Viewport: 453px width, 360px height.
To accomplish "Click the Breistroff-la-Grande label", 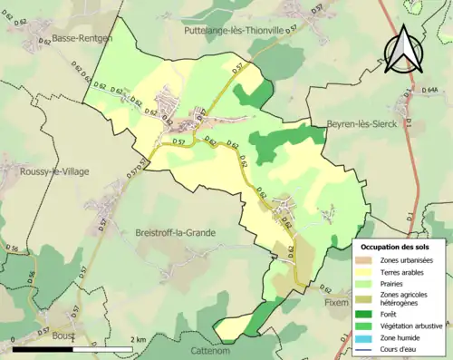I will click(175, 232).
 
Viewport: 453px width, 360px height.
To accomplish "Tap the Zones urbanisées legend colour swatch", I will click(368, 260).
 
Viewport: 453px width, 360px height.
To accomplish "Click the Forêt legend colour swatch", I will click(368, 314).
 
